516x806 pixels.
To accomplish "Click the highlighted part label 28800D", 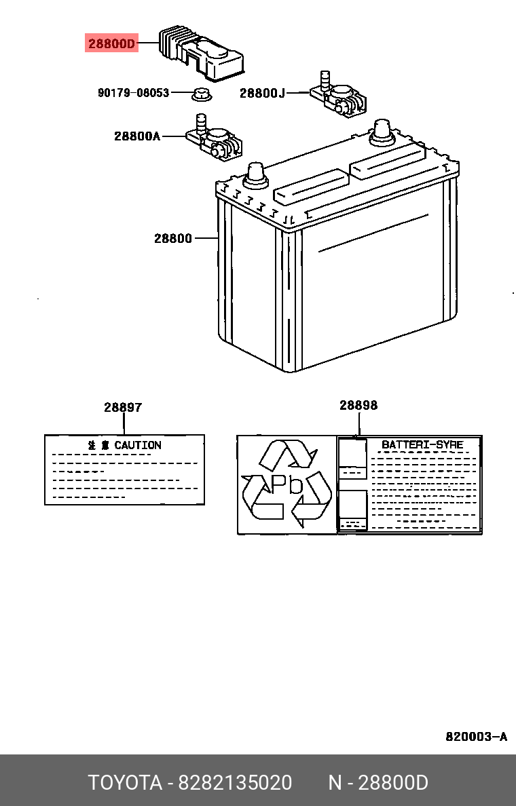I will [x=111, y=44].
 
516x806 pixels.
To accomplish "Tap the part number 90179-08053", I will [x=133, y=92].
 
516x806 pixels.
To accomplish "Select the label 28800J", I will [x=262, y=93].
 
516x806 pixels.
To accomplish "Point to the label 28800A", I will [x=136, y=136].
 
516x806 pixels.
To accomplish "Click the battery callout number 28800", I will [x=172, y=238].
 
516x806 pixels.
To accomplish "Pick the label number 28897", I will [x=123, y=407].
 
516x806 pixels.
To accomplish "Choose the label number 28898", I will [x=358, y=405].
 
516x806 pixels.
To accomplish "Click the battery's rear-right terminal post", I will [x=380, y=132].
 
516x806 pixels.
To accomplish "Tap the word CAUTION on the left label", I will [x=137, y=445].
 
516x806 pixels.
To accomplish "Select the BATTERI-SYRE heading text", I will [x=422, y=444].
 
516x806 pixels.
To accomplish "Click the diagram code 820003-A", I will [x=476, y=737].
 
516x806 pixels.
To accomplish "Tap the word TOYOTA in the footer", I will [x=125, y=782].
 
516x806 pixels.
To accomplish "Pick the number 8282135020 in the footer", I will [x=235, y=782].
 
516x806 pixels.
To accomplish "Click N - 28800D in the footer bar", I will [x=378, y=782].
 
